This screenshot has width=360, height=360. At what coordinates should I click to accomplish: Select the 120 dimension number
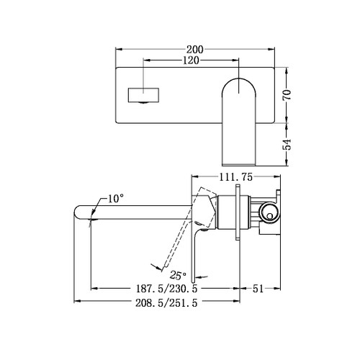click(x=190, y=60)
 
